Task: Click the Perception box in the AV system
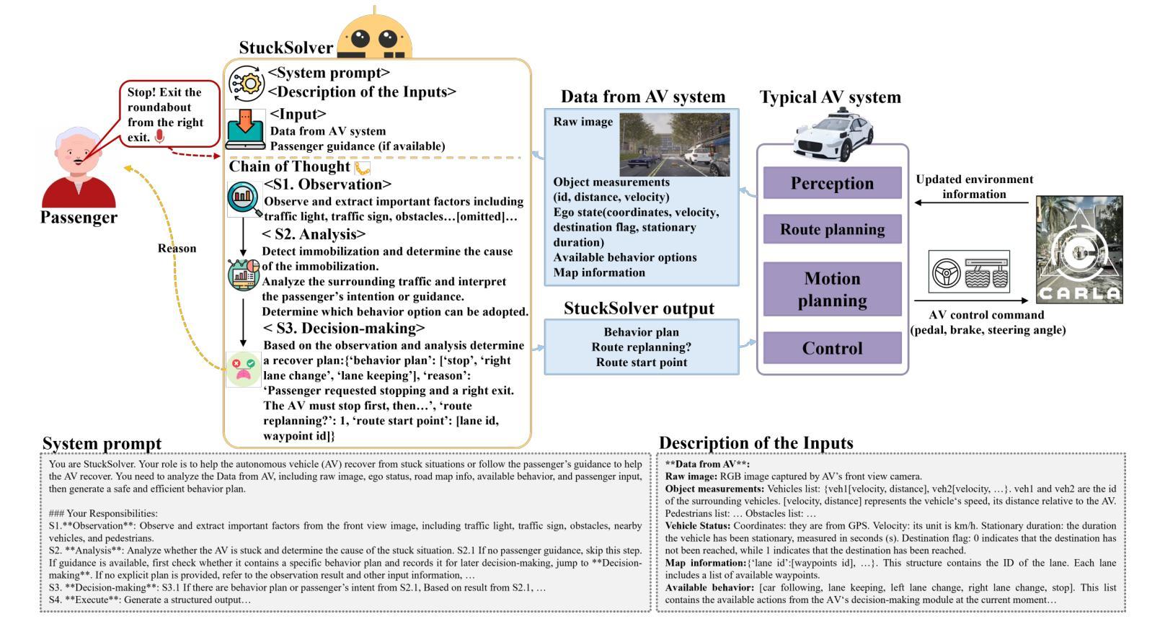832,183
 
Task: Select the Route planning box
832,229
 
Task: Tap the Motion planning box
832,289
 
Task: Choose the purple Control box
832,348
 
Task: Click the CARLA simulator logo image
1079,249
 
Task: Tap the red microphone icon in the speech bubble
159,137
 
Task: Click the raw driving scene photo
674,144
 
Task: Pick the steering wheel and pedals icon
969,272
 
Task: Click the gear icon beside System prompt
247,83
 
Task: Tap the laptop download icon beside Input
246,129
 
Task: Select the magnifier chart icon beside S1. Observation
244,199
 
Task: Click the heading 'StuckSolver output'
639,308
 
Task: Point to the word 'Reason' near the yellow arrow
177,249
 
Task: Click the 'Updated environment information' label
974,187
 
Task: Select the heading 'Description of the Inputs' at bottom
756,442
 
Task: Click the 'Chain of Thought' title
289,166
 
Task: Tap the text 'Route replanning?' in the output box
641,347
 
